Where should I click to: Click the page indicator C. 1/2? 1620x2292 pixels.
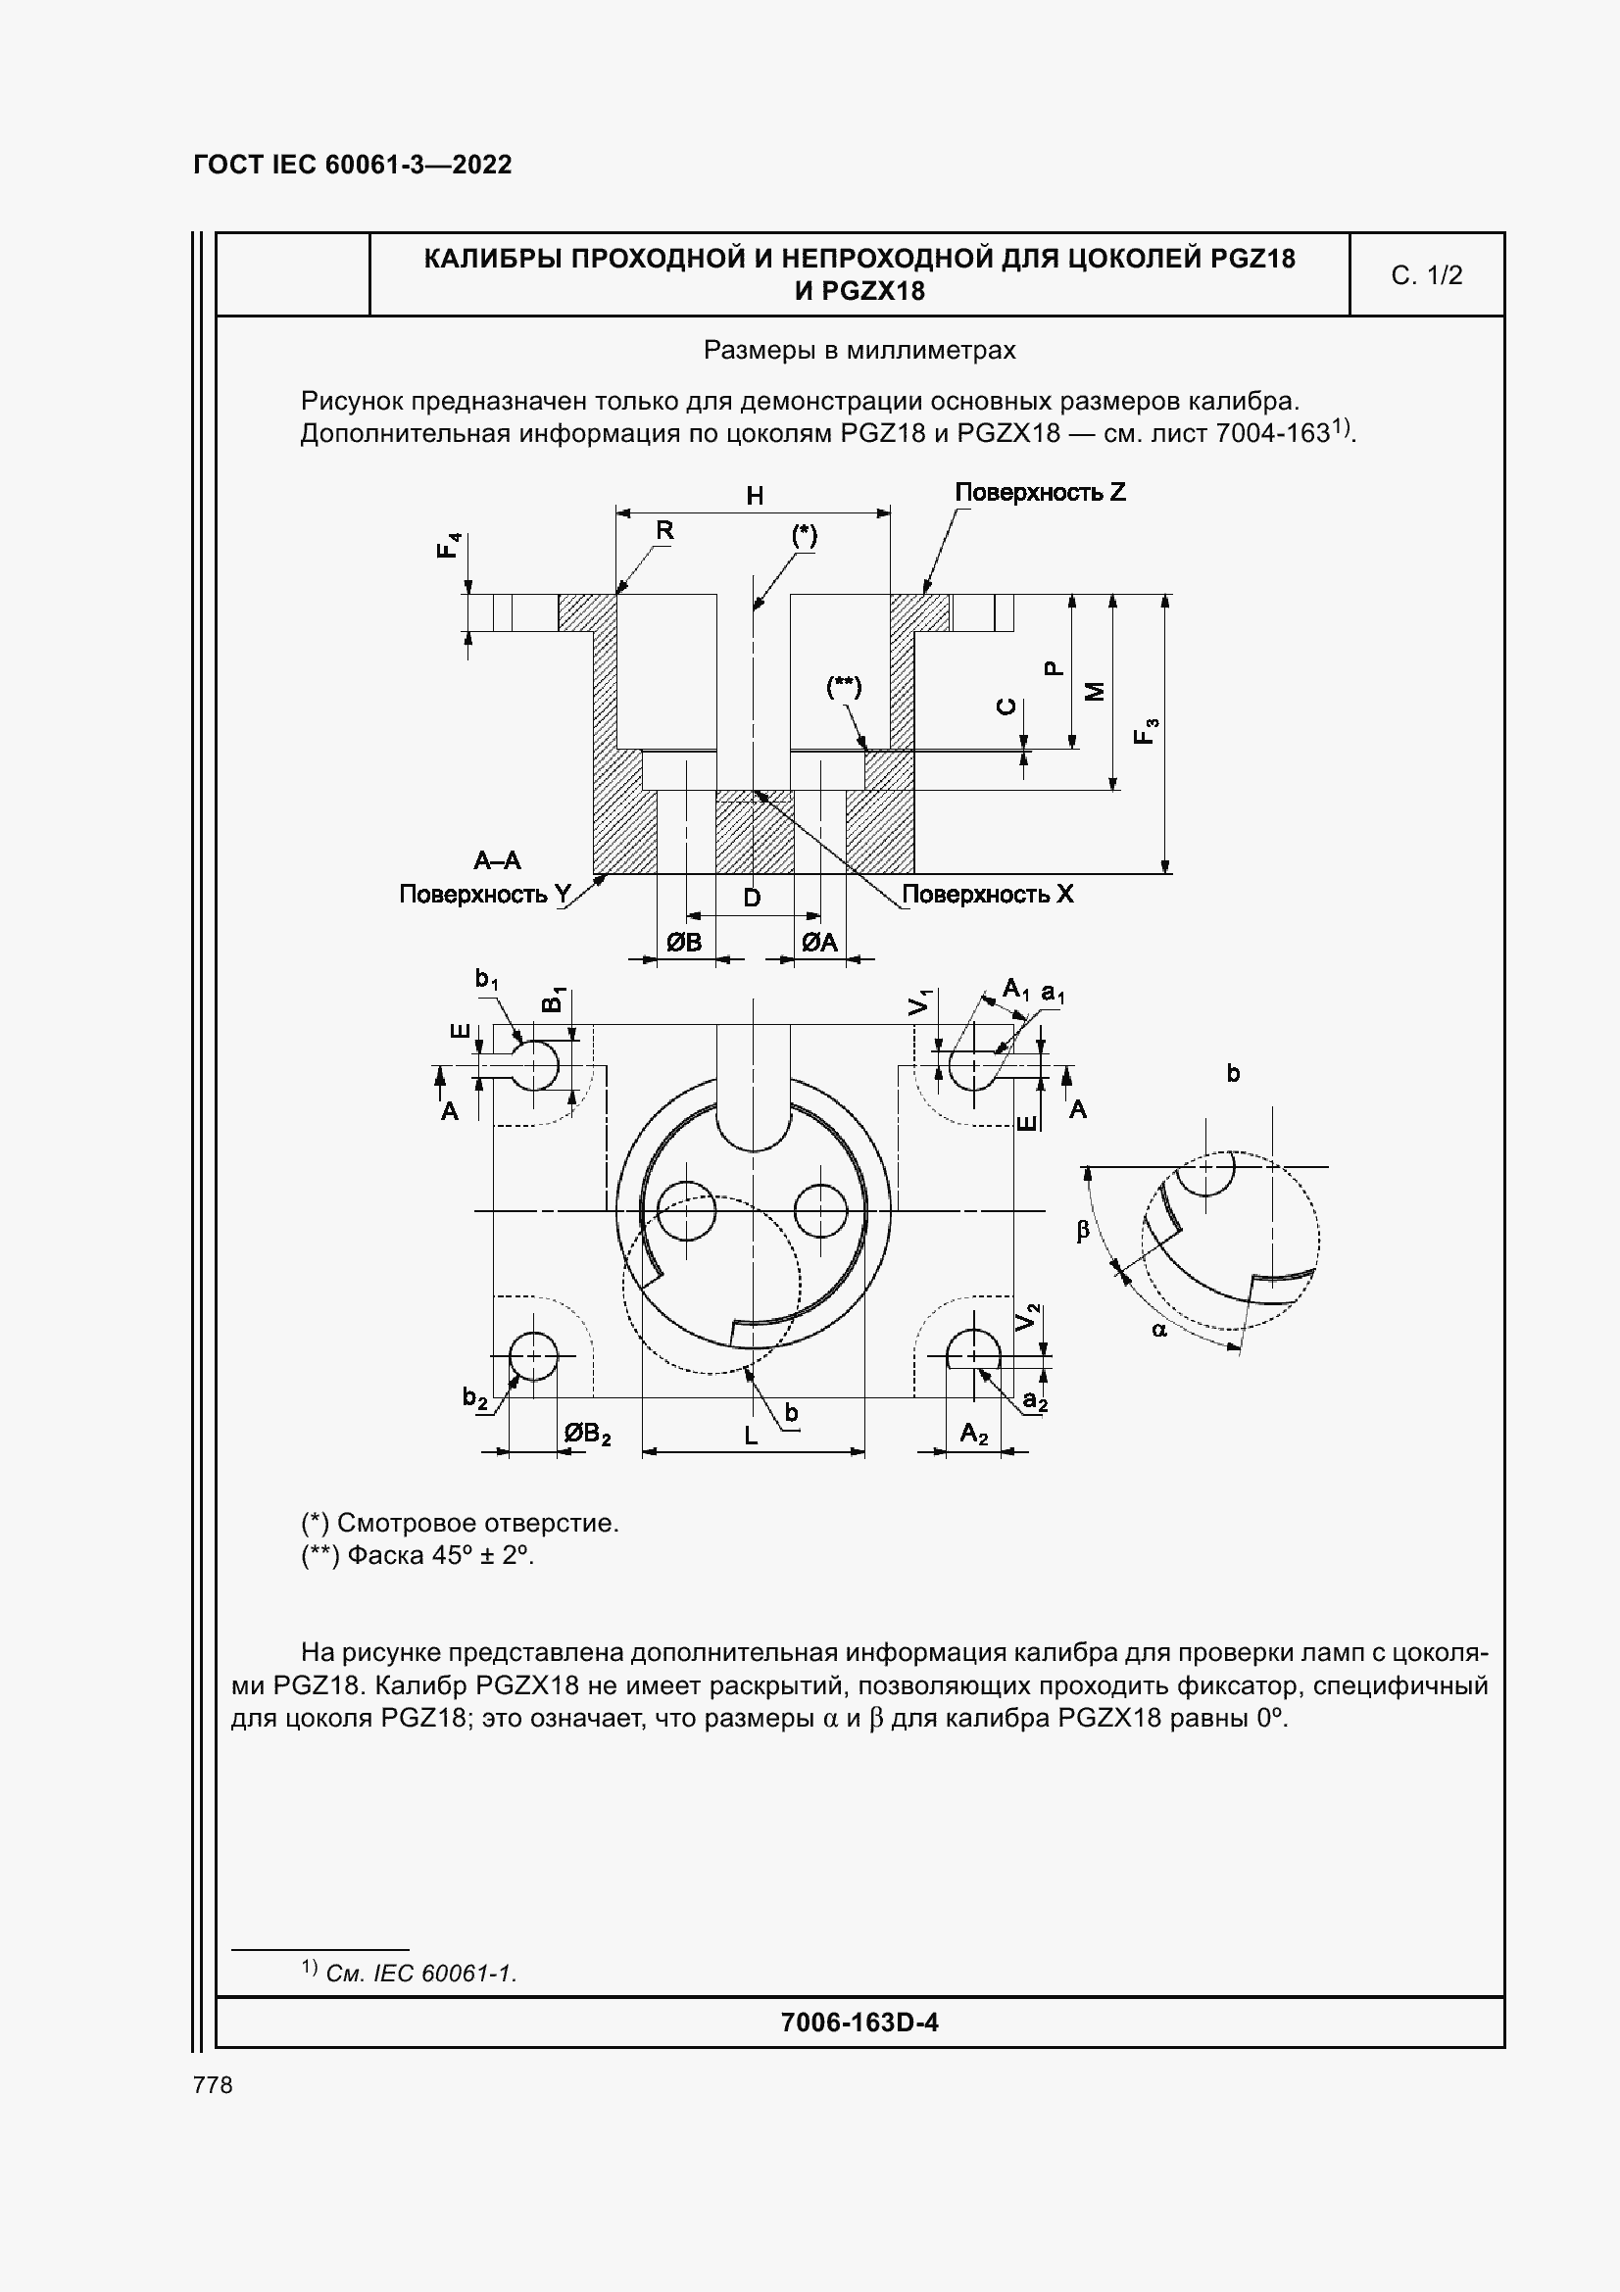[1426, 275]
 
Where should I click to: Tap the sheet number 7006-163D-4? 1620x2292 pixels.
[859, 2023]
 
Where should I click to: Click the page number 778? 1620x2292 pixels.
[213, 2084]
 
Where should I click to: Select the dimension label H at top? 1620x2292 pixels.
[755, 496]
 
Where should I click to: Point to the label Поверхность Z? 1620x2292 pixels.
[1040, 492]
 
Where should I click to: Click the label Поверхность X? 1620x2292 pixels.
[987, 895]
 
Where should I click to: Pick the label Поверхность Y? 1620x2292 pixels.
[485, 895]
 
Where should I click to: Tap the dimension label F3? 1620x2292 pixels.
[1146, 731]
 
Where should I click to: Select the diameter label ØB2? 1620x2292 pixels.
[587, 1435]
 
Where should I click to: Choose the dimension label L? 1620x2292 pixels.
[752, 1437]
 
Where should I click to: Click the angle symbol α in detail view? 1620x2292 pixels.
[1158, 1329]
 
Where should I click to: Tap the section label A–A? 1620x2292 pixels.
[497, 860]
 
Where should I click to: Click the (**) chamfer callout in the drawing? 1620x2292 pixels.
[844, 687]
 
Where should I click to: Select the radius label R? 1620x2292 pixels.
[664, 531]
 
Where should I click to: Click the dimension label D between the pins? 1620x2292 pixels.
[753, 898]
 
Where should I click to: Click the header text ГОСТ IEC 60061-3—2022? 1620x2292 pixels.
[353, 165]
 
